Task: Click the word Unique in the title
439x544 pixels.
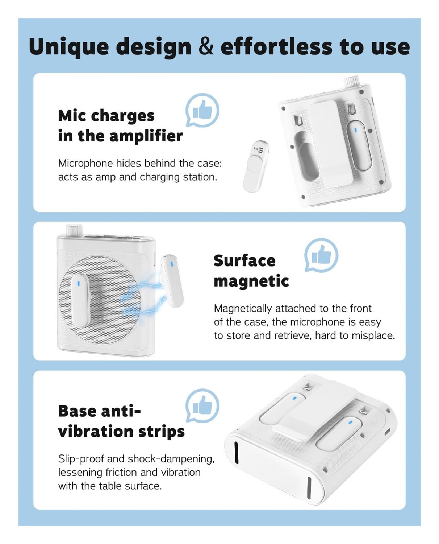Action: click(69, 47)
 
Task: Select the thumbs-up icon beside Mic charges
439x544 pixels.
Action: click(202, 110)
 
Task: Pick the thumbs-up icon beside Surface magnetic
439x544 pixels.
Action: click(321, 255)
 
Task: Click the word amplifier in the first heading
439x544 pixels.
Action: click(146, 136)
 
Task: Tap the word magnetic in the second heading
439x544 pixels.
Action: click(251, 281)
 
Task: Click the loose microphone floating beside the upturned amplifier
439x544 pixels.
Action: click(256, 166)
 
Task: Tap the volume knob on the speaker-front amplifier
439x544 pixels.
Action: click(74, 230)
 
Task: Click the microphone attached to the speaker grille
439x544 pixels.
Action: click(80, 301)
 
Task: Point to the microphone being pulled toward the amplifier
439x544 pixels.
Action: click(172, 280)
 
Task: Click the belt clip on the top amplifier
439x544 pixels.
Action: click(330, 144)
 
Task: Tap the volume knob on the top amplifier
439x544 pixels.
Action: click(352, 82)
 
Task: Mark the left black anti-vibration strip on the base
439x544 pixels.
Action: click(236, 452)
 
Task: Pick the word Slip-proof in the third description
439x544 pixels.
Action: click(81, 459)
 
